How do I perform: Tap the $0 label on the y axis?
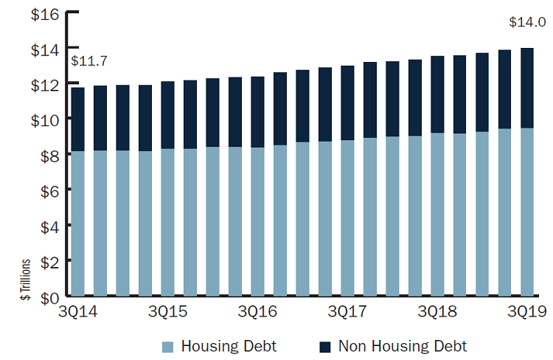click(44, 297)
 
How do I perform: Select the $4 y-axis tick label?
click(44, 226)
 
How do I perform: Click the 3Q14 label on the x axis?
click(79, 313)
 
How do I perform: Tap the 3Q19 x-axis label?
click(526, 313)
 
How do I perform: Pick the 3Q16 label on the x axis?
click(258, 313)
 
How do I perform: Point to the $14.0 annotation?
click(527, 22)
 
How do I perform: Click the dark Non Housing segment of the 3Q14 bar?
click(78, 119)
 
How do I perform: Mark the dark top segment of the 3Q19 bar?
click(528, 88)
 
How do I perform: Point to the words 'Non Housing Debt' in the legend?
click(403, 346)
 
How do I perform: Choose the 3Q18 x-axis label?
click(437, 313)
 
